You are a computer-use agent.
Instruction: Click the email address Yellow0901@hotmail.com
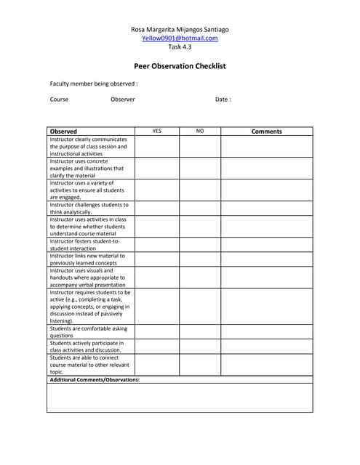point(180,38)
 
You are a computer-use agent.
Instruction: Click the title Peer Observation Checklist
point(180,66)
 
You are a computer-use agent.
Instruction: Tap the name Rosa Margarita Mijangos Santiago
point(180,29)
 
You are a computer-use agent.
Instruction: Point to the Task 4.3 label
point(180,46)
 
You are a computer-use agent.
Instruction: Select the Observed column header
point(63,132)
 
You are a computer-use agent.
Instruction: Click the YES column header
point(157,132)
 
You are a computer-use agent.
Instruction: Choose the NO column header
point(200,132)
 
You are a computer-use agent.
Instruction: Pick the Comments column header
point(266,132)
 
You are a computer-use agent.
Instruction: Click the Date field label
point(223,100)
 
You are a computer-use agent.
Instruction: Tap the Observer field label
point(123,100)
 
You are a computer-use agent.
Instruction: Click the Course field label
point(59,100)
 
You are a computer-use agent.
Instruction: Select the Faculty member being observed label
point(94,84)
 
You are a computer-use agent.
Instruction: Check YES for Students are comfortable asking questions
point(157,332)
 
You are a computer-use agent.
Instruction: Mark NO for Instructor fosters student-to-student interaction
point(200,245)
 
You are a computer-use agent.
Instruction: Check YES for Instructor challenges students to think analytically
point(157,209)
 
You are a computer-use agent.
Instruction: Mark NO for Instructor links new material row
point(200,259)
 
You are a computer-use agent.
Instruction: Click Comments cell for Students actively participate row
point(266,347)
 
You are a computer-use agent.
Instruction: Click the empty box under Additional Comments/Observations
point(180,397)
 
